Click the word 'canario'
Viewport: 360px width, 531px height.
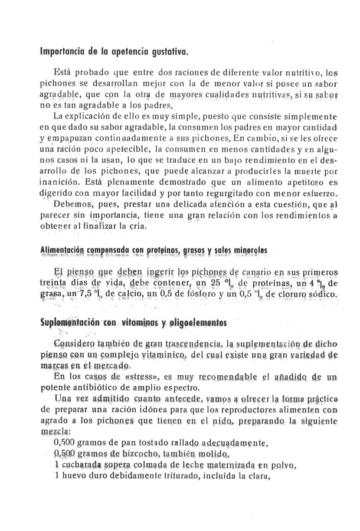click(253, 273)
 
